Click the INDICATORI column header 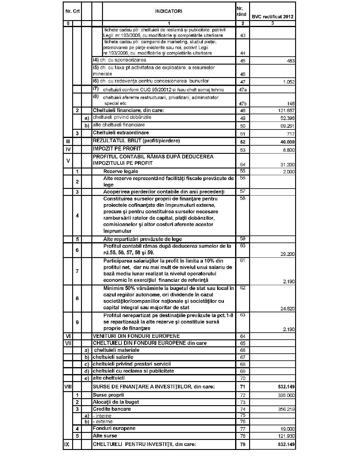[x=168, y=11]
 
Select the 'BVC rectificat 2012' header [x=272, y=17]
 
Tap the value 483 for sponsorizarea [x=291, y=61]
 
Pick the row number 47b [x=242, y=104]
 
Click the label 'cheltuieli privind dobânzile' [x=122, y=117]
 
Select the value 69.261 [x=287, y=126]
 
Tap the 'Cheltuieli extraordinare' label [x=121, y=133]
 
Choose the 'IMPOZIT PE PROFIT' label [x=117, y=149]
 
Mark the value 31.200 [x=288, y=165]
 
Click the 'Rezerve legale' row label [x=121, y=172]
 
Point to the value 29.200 [x=288, y=254]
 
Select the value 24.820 [x=288, y=309]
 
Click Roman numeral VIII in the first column [x=68, y=387]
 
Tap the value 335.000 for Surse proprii [x=286, y=395]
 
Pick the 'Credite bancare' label [x=111, y=409]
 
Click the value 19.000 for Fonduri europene [x=288, y=429]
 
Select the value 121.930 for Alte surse [x=286, y=436]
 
